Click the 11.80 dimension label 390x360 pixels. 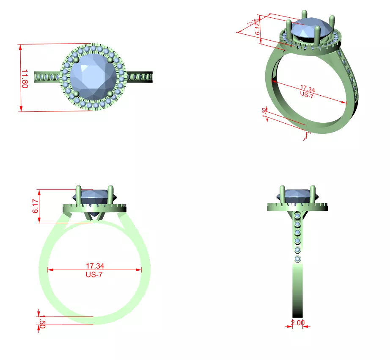(x=24, y=79)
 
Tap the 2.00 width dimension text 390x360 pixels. (x=297, y=323)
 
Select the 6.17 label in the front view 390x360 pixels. (x=36, y=206)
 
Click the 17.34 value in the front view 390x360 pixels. (x=95, y=266)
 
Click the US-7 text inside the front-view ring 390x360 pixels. (x=95, y=274)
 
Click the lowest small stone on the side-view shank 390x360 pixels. (x=298, y=259)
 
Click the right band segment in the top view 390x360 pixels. (x=140, y=78)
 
